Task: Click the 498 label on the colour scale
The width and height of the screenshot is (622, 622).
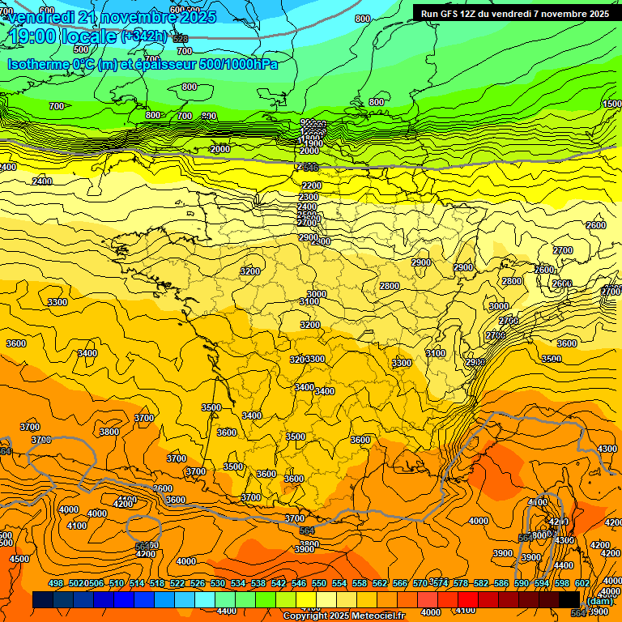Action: coord(56,583)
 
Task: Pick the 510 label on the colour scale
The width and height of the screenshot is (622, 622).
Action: coord(117,583)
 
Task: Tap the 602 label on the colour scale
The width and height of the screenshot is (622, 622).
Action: coord(582,583)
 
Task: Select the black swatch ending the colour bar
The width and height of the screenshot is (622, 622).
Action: coord(569,600)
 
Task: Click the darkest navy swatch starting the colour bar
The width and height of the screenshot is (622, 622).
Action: coord(43,600)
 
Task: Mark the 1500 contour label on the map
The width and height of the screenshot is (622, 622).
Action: coord(612,104)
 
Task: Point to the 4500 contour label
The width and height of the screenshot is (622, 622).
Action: coord(19,559)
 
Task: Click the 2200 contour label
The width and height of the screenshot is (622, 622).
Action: coord(311,185)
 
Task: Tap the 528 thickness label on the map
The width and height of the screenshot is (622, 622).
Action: coord(180,39)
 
